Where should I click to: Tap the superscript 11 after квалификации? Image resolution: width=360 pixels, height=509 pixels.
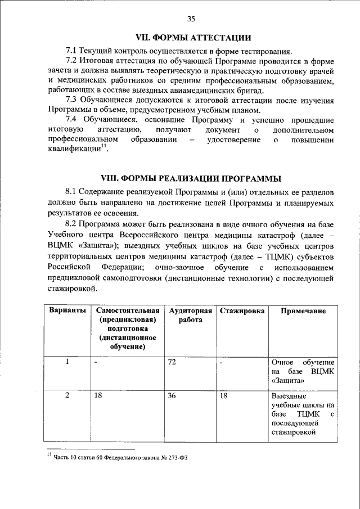point(104,147)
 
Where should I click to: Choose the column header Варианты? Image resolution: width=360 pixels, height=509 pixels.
point(67,311)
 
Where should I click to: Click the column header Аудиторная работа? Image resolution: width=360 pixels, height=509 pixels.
point(191,316)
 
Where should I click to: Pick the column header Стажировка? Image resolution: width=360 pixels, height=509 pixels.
point(242,311)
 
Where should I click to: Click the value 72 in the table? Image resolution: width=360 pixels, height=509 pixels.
point(172,362)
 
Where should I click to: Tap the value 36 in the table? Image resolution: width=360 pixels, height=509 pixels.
point(172,396)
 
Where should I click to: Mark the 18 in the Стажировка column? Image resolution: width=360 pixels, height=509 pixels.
point(223,396)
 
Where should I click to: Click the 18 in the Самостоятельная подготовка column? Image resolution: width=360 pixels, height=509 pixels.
point(98,396)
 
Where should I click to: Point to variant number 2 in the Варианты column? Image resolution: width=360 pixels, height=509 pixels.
point(67,396)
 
